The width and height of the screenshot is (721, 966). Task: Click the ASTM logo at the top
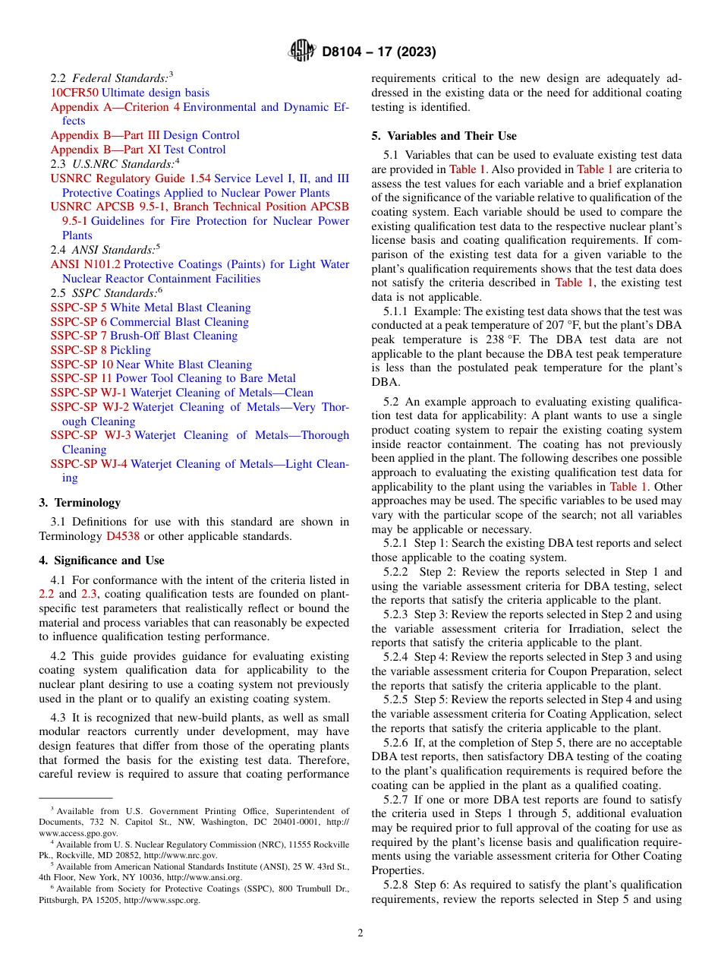pos(302,52)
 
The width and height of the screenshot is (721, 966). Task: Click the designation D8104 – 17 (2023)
pos(379,52)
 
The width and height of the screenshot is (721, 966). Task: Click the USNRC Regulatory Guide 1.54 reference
pos(131,178)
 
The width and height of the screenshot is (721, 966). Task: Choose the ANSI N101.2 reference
pos(85,264)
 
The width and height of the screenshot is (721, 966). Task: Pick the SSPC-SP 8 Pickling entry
pos(100,350)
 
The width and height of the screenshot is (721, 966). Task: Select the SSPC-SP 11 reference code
pos(81,378)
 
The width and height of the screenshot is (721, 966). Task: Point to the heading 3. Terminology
pos(80,503)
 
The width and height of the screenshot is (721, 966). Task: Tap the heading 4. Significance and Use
pos(101,560)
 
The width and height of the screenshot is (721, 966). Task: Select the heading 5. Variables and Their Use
pos(444,136)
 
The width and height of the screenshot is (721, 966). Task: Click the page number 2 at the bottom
pos(360,933)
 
